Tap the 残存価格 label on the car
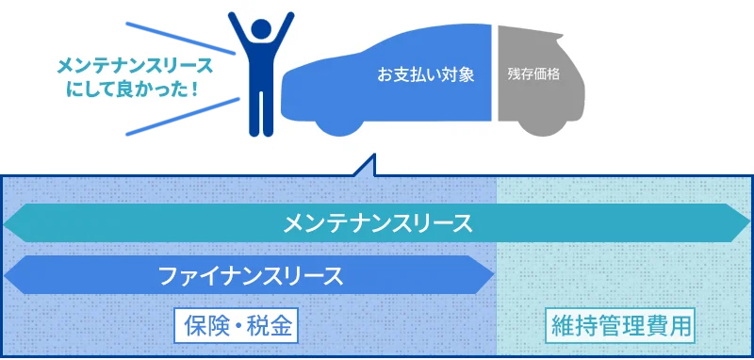tap(533, 74)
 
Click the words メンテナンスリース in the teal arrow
tap(377, 224)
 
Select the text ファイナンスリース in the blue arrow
tap(250, 276)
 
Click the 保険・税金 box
tap(237, 327)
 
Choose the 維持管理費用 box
tap(622, 327)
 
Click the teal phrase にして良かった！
tap(133, 89)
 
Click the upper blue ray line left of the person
tap(179, 35)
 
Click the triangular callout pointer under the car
tap(362, 167)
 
